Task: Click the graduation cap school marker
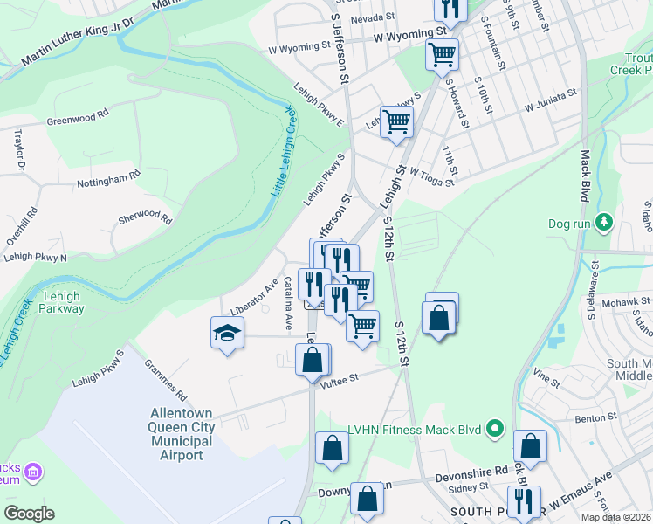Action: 227,334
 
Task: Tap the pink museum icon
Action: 34,472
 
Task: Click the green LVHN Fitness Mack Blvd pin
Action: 495,428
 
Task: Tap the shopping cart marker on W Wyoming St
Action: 443,54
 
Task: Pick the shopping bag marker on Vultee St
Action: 313,360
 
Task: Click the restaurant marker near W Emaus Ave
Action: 524,501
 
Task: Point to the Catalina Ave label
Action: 287,304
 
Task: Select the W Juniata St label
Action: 551,100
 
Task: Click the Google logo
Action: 30,514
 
